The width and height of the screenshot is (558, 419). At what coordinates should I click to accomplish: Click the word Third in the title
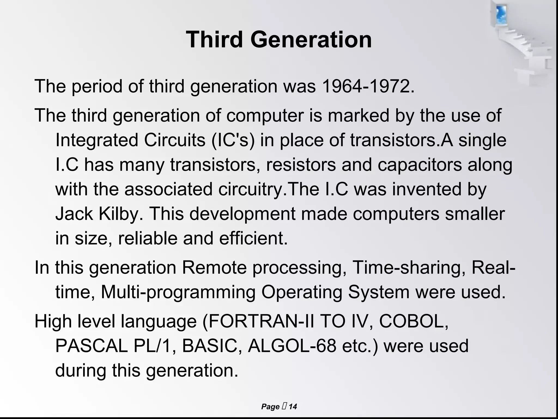pyautogui.click(x=214, y=40)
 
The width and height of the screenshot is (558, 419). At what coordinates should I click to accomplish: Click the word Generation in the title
pyautogui.click(x=311, y=40)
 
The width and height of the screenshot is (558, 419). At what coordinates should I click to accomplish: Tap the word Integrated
pyautogui.click(x=97, y=140)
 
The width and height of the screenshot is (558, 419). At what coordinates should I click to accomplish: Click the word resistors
pyautogui.click(x=301, y=165)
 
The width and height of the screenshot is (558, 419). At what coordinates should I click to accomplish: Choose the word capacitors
pyautogui.click(x=420, y=165)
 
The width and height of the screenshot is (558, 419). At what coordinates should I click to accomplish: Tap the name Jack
pyautogui.click(x=74, y=214)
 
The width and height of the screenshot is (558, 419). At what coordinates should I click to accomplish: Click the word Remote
pyautogui.click(x=214, y=267)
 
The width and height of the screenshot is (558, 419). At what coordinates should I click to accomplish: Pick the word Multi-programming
pyautogui.click(x=178, y=292)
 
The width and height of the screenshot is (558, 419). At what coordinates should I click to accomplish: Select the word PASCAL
pyautogui.click(x=92, y=346)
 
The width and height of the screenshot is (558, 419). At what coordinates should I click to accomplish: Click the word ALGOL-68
pyautogui.click(x=292, y=346)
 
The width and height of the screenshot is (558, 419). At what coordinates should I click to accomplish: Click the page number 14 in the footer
pyautogui.click(x=293, y=407)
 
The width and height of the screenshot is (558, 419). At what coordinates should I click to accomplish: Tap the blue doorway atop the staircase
pyautogui.click(x=501, y=15)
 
